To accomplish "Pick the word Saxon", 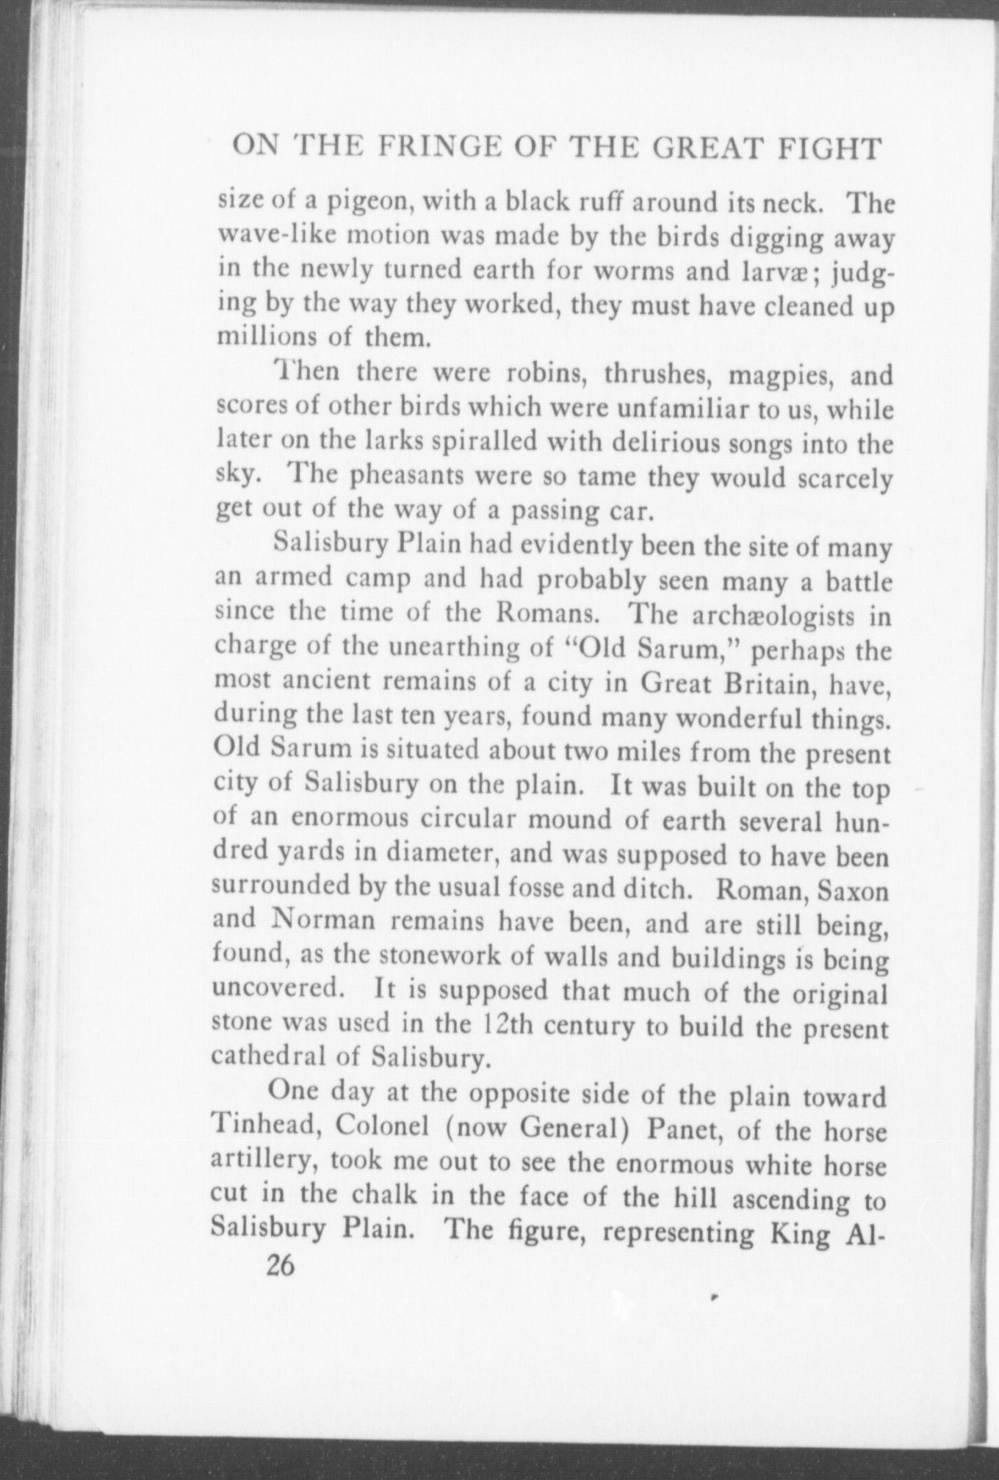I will point(854,891).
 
